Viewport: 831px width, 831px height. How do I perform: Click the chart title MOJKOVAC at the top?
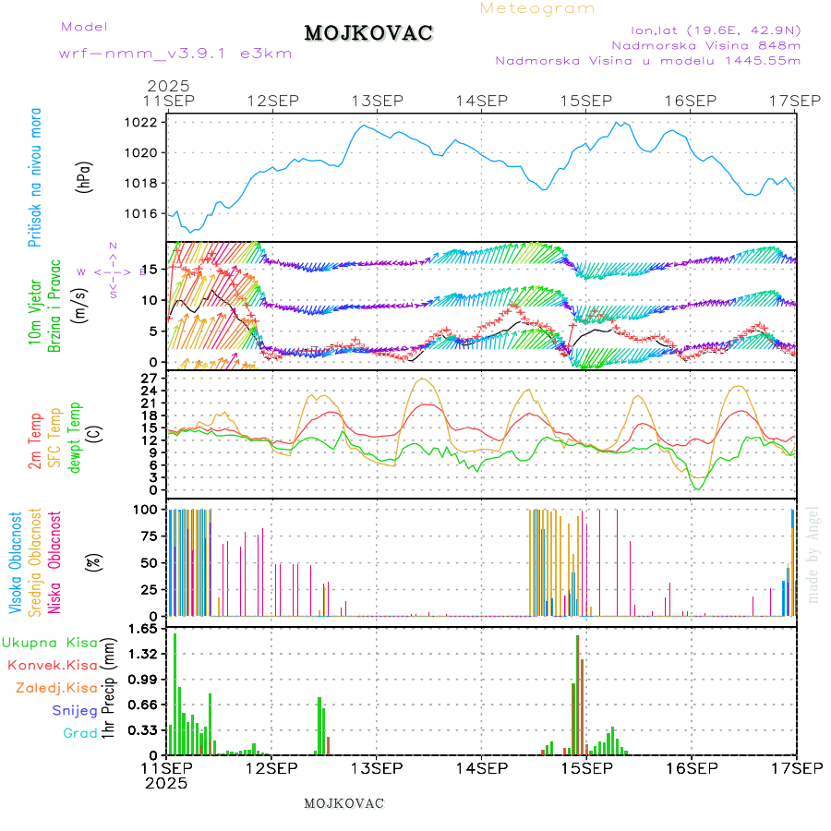(368, 33)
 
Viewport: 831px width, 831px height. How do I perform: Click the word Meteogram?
(537, 8)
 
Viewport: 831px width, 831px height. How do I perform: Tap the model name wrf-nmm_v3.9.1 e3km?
(175, 54)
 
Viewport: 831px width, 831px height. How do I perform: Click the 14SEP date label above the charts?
(481, 100)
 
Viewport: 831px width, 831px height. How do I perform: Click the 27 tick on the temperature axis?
(150, 378)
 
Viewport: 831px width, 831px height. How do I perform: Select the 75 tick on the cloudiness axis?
(149, 535)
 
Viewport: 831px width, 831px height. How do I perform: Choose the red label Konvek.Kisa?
(52, 665)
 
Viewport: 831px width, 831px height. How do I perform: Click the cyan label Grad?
(79, 733)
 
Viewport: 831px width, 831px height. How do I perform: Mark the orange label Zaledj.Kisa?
(56, 688)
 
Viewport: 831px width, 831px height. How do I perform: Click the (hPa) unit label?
(84, 176)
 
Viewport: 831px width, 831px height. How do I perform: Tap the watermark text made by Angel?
(813, 554)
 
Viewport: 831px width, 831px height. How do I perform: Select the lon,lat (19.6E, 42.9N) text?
(715, 29)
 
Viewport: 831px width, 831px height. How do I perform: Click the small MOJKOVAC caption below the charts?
(343, 803)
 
